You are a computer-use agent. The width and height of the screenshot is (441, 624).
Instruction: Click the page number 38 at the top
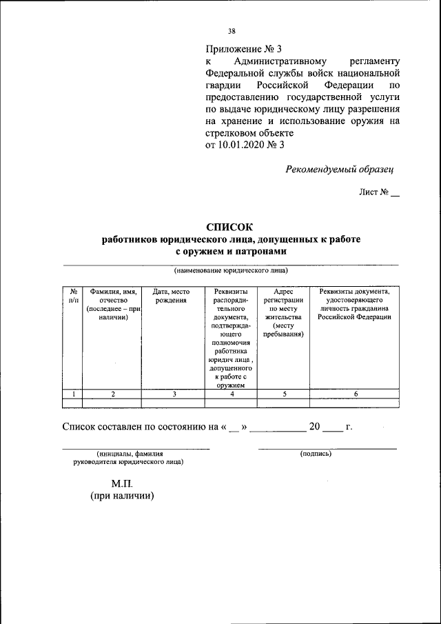coord(232,31)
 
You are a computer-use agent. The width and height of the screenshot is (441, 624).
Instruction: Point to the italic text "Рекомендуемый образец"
coord(341,169)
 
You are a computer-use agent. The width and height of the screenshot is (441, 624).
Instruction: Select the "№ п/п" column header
coord(72,296)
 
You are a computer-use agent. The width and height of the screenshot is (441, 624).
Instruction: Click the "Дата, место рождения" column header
coord(172,296)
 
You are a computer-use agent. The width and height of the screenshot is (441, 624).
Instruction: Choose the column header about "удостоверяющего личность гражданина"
coord(355,304)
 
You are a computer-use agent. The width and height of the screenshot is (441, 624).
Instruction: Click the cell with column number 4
coord(232,394)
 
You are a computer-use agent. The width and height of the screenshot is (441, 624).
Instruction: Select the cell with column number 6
coord(356,394)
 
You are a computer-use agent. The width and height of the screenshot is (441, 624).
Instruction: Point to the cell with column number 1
coord(73,394)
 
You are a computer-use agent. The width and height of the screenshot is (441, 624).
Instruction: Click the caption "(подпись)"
coord(316,454)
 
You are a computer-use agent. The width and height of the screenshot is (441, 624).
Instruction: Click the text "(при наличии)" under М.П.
coord(121,496)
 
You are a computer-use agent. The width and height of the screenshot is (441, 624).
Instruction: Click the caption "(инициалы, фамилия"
coord(130,454)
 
